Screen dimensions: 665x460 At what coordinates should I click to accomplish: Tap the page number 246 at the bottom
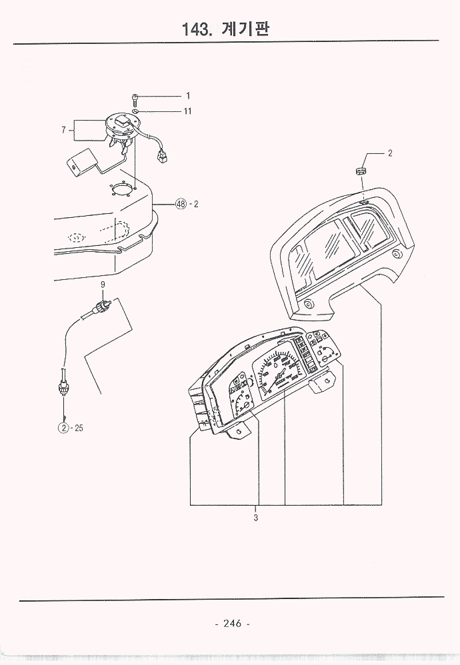point(232,624)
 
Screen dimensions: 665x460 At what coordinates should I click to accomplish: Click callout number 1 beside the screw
point(188,95)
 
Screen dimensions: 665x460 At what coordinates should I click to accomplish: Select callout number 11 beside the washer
point(187,111)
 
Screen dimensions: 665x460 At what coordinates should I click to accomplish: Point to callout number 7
point(63,131)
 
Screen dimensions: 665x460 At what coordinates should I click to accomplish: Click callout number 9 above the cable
point(103,285)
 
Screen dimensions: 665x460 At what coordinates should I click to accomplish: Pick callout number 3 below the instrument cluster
point(255,517)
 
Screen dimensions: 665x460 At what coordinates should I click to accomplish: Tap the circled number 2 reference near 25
point(64,428)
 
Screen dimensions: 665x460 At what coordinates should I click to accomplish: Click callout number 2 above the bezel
point(390,153)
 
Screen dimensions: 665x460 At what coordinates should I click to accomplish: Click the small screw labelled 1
point(135,100)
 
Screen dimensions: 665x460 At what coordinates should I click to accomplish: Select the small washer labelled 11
point(136,112)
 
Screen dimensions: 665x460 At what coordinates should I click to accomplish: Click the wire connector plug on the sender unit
point(161,158)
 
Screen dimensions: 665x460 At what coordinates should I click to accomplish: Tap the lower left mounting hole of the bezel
point(309,304)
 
